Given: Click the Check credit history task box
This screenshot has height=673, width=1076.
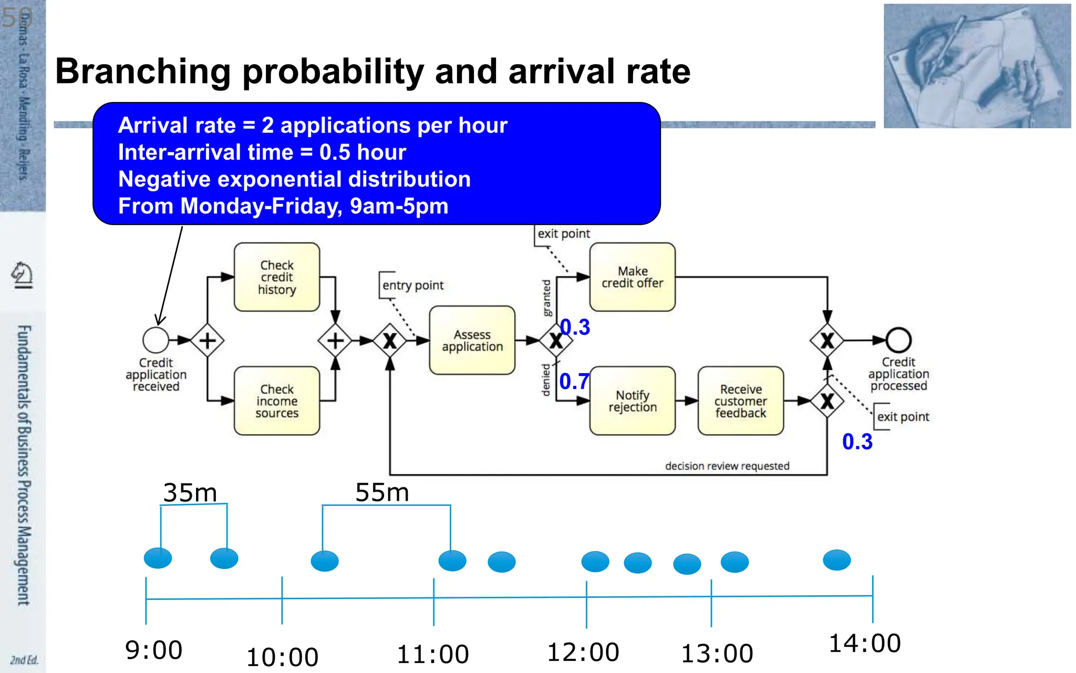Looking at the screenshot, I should pyautogui.click(x=277, y=277).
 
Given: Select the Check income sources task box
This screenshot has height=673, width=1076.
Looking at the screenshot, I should pyautogui.click(x=277, y=401).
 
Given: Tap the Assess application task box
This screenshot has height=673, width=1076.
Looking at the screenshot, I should pyautogui.click(x=472, y=340).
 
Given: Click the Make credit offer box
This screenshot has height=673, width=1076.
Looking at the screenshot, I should pyautogui.click(x=632, y=277).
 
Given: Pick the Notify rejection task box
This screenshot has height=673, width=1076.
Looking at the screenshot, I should pyautogui.click(x=632, y=401).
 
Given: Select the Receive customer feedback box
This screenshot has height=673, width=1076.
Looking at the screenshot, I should pyautogui.click(x=740, y=401).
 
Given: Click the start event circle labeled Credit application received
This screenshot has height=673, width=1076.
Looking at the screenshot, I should pyautogui.click(x=156, y=340).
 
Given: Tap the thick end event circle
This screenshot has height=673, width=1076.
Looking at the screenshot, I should pyautogui.click(x=898, y=340).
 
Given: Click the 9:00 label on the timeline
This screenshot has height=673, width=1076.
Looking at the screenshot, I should pyautogui.click(x=153, y=650).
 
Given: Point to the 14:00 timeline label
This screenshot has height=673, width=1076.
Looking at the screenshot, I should pyautogui.click(x=864, y=644).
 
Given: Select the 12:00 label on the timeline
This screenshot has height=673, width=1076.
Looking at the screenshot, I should pyautogui.click(x=583, y=652).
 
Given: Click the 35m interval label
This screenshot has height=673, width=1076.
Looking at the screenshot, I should pyautogui.click(x=190, y=493).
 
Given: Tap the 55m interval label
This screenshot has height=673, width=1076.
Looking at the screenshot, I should pyautogui.click(x=382, y=493).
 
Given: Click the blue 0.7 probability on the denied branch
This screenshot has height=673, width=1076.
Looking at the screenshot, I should pyautogui.click(x=574, y=381).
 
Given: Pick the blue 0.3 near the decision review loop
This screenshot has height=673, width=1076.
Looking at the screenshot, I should pyautogui.click(x=857, y=442).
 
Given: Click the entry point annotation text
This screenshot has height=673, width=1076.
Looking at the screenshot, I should pyautogui.click(x=413, y=285).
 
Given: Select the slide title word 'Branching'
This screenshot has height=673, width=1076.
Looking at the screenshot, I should pyautogui.click(x=143, y=72).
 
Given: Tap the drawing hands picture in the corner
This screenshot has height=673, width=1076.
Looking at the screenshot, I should pyautogui.click(x=977, y=66).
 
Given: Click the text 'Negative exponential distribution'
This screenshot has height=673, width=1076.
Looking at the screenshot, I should pyautogui.click(x=294, y=179).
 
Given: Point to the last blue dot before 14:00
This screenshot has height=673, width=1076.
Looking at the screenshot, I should pyautogui.click(x=836, y=560).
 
